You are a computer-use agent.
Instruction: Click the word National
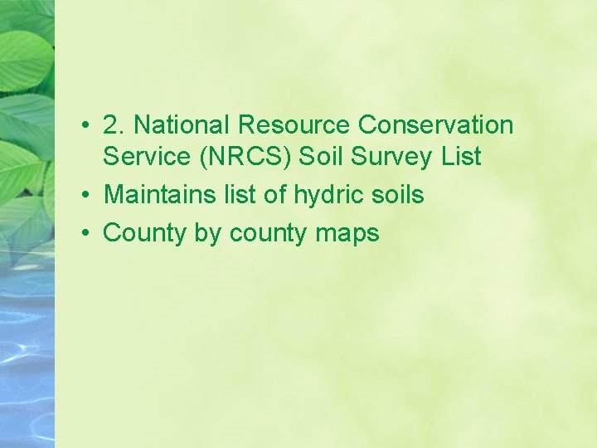(182, 125)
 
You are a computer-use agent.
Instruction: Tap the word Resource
(294, 125)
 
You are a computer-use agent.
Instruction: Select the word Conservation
(436, 125)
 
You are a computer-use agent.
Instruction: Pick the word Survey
(390, 157)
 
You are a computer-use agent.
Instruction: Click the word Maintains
(156, 195)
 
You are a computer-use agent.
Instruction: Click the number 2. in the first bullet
(114, 125)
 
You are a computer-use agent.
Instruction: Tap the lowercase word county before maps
(268, 234)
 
